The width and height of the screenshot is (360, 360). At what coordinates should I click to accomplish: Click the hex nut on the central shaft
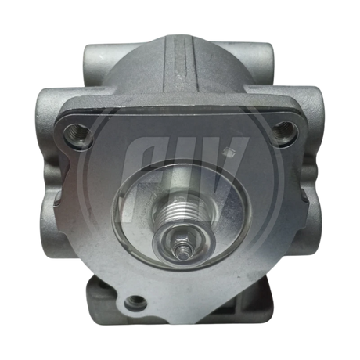tap(181, 238)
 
